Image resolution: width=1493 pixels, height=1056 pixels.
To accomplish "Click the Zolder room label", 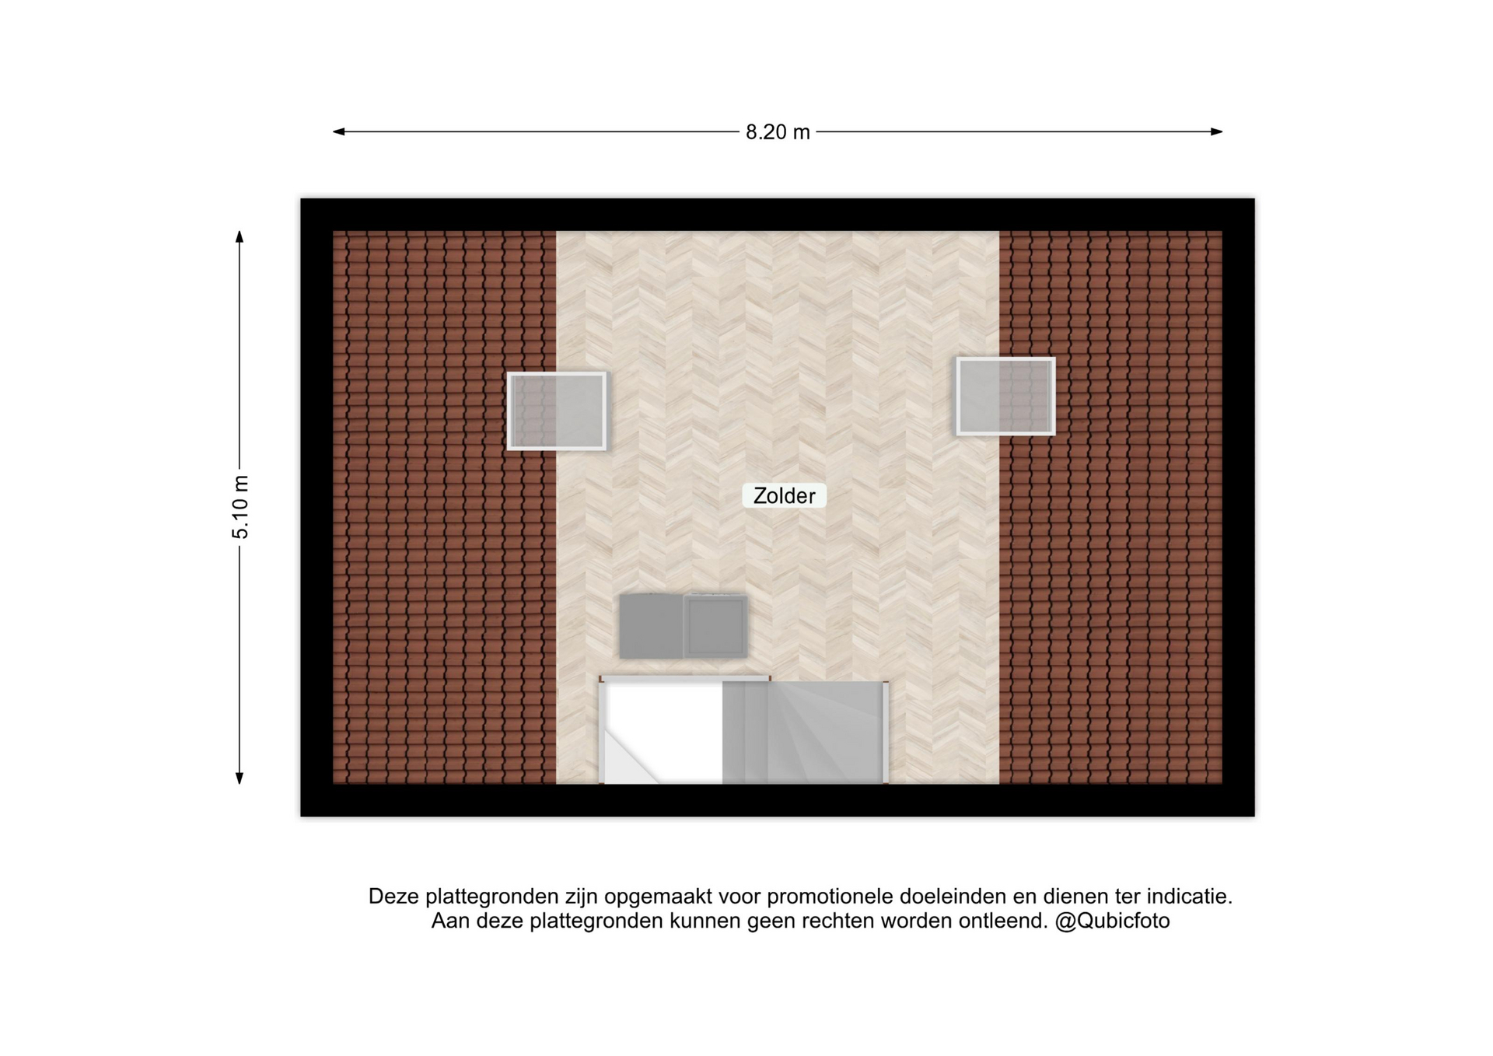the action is [784, 495].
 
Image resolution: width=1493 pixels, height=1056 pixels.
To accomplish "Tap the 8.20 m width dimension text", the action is [778, 132].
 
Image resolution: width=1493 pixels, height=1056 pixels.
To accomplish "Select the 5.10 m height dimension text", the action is [240, 507].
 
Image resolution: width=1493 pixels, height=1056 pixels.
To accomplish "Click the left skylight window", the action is [557, 411].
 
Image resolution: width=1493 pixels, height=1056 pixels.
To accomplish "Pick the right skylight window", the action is [1005, 396].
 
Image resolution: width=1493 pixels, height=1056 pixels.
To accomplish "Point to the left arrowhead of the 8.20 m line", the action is [338, 131].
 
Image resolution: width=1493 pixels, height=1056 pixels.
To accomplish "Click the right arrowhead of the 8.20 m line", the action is [1217, 131].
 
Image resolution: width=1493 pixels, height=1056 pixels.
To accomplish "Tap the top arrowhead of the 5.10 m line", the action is [240, 236].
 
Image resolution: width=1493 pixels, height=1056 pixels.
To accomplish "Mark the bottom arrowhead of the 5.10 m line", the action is [240, 778].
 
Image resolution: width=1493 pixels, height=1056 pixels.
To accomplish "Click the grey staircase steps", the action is [803, 733].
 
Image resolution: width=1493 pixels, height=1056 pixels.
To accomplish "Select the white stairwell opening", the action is [663, 733].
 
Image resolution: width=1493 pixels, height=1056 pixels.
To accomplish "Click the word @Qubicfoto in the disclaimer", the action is [1112, 921].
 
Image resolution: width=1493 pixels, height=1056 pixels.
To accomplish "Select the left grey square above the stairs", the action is [651, 627].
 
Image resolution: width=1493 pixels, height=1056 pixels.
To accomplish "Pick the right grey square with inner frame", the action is [715, 627].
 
